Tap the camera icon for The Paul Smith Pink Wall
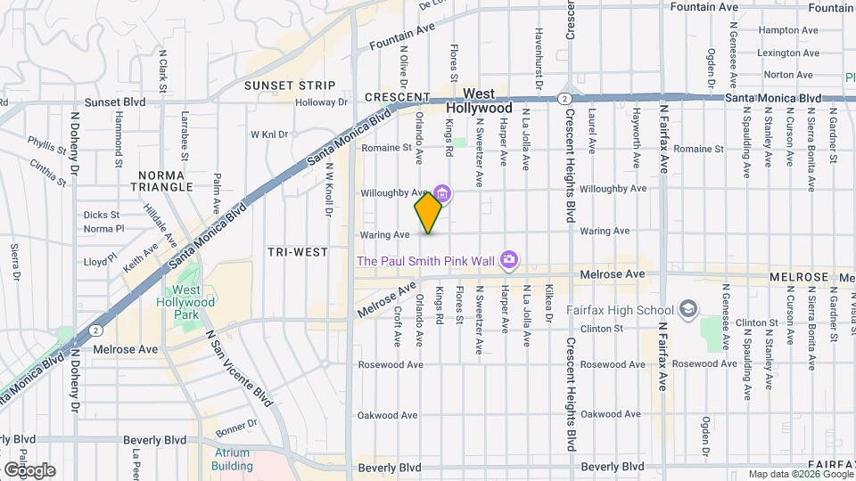(510, 260)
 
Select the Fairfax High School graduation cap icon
(687, 309)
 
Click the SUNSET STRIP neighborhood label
(291, 86)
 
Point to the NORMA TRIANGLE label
(161, 180)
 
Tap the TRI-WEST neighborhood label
(298, 252)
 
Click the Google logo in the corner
(29, 469)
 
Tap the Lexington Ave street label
(786, 53)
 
